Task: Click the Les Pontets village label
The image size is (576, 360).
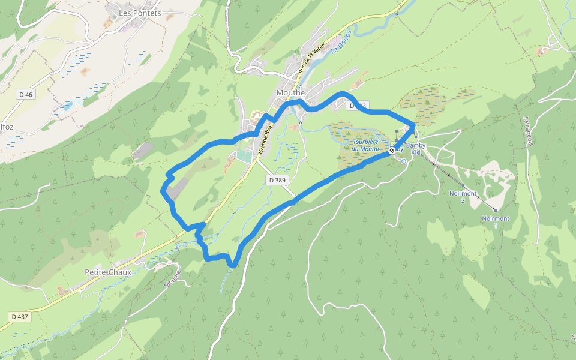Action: click(139, 13)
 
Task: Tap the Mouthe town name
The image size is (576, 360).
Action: click(291, 93)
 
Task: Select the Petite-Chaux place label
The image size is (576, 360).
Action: click(107, 272)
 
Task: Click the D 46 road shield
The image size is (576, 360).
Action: click(26, 94)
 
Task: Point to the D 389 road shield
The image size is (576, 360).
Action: click(277, 180)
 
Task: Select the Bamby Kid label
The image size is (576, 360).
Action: click(418, 149)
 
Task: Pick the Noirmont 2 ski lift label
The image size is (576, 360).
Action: click(463, 197)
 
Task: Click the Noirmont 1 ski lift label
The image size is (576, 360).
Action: click(495, 222)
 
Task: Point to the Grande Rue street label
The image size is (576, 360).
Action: click(265, 140)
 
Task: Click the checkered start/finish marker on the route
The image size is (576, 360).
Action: click(392, 150)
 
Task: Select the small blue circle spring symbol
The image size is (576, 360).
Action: click(404, 161)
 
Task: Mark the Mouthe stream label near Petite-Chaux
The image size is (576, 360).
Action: click(173, 277)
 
